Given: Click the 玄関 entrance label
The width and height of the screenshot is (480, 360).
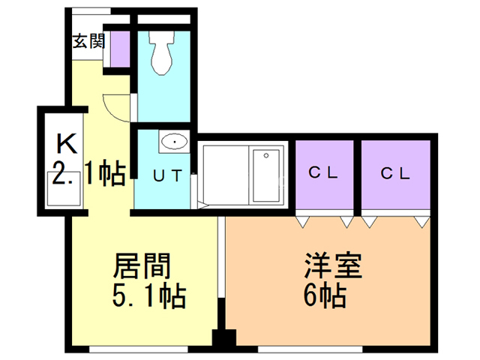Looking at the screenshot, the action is [x=88, y=41].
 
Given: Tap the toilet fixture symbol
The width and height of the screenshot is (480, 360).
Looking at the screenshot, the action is [x=162, y=52].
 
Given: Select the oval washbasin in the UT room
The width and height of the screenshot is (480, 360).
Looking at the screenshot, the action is [x=174, y=142].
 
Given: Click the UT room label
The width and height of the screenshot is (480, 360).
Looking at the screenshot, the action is [x=167, y=175].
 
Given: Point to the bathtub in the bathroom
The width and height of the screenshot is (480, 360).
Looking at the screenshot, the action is [x=266, y=175].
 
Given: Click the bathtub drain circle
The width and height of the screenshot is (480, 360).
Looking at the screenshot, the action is [x=266, y=155].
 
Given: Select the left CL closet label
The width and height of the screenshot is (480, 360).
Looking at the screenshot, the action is [x=323, y=172].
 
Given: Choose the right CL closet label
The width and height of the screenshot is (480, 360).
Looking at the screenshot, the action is [x=395, y=173].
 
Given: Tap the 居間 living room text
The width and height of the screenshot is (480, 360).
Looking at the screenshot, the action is [x=142, y=265].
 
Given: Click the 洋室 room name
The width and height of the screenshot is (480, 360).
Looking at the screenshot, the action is [x=333, y=265].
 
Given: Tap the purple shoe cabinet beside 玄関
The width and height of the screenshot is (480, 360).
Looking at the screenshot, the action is [x=120, y=49].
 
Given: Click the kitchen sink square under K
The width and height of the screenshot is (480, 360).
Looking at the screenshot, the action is [x=64, y=188].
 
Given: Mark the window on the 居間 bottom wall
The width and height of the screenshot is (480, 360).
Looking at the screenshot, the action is [x=138, y=349].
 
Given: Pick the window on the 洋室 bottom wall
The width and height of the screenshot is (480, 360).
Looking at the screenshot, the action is [x=310, y=349].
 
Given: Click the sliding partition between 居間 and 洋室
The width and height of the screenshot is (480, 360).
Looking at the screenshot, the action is [x=221, y=257].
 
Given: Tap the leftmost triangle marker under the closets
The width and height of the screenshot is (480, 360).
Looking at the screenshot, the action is [x=303, y=222].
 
